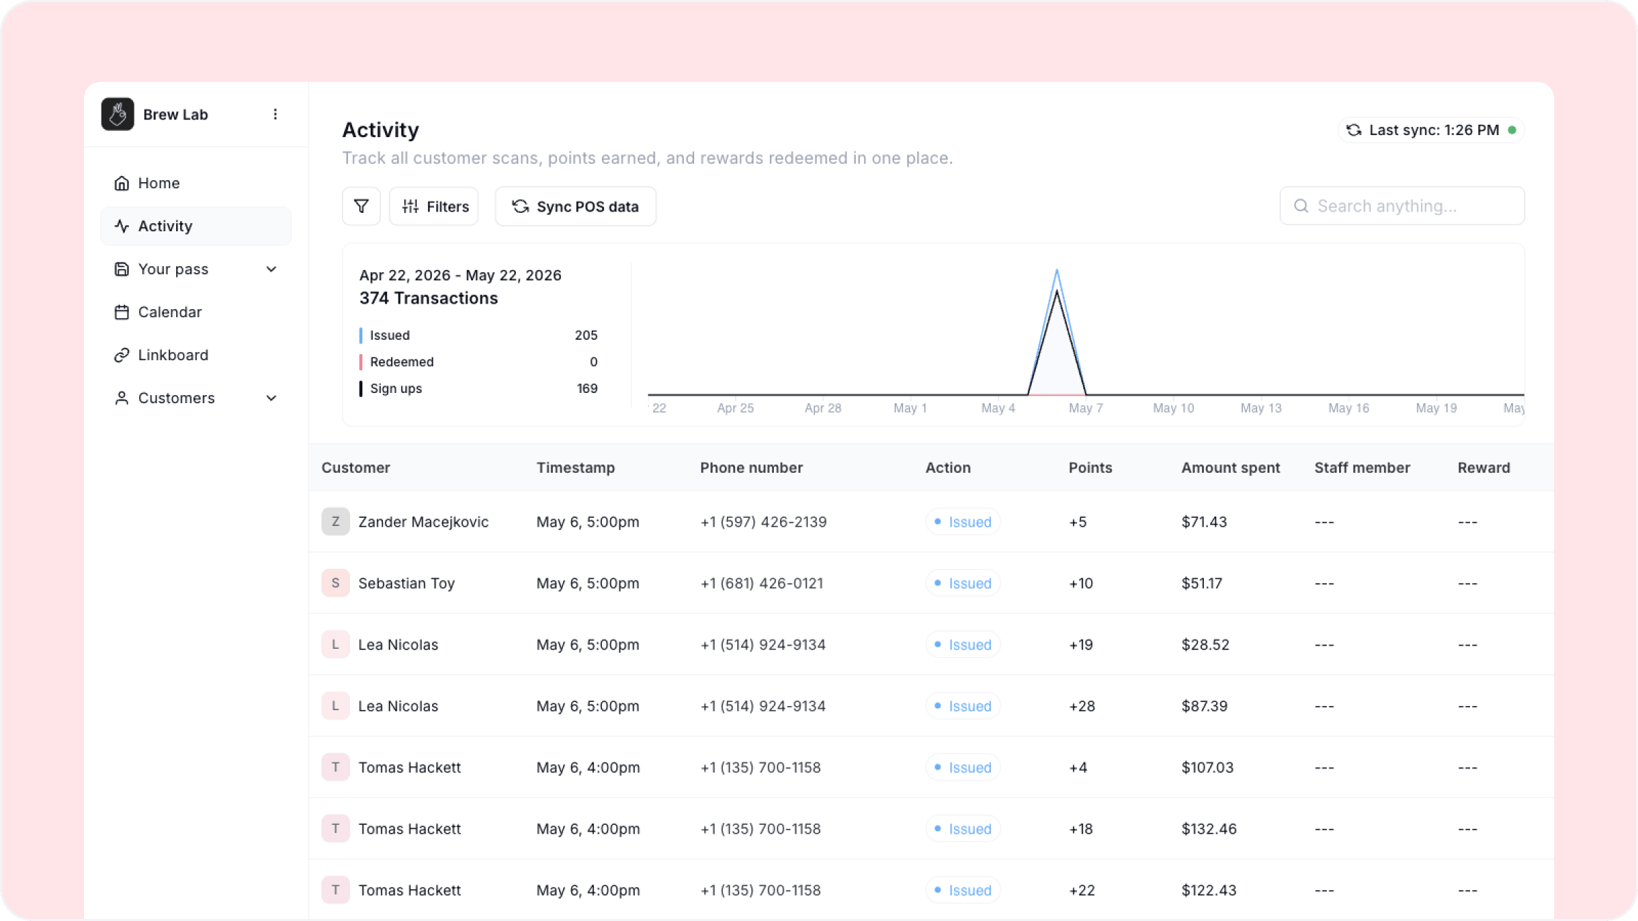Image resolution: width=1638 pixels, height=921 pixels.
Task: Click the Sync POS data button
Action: (x=575, y=206)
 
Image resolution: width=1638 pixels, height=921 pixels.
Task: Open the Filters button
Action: (x=434, y=206)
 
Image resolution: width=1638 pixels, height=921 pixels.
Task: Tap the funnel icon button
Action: (x=361, y=206)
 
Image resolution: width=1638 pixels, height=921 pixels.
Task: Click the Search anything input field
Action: (x=1402, y=206)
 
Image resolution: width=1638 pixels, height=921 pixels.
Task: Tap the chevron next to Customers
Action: (x=272, y=398)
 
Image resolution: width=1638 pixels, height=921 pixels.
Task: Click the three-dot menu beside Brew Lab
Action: (x=275, y=114)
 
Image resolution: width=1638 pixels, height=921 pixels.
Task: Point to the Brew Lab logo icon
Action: (x=117, y=114)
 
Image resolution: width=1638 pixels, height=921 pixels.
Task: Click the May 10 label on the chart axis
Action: (x=1173, y=408)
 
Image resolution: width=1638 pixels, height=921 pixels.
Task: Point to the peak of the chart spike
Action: (x=1057, y=270)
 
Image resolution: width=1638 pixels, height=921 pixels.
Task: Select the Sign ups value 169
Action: (x=587, y=388)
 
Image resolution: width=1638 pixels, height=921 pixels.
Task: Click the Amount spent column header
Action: (x=1231, y=467)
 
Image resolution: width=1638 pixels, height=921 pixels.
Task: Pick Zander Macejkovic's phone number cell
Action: (x=763, y=522)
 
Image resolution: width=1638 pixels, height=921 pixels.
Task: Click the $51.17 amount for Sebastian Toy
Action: (x=1202, y=583)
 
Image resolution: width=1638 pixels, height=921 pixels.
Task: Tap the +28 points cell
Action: (x=1082, y=706)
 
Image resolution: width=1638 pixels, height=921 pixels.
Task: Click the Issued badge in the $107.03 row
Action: (x=963, y=767)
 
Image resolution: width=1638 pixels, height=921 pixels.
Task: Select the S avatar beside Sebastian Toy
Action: (x=335, y=583)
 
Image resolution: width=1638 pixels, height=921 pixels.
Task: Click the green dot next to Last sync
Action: (x=1512, y=130)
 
